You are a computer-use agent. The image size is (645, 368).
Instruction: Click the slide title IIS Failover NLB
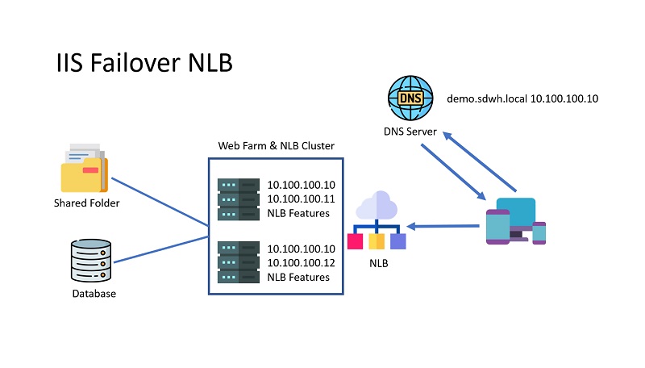[144, 63]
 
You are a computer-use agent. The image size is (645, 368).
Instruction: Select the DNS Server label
[410, 132]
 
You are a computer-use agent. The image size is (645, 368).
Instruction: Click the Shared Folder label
[86, 203]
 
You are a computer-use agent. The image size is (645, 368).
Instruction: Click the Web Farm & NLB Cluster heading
[277, 146]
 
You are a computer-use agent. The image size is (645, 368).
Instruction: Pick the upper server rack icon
[238, 199]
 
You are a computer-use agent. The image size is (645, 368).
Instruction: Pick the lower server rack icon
[238, 262]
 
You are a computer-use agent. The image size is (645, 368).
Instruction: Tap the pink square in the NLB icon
[355, 241]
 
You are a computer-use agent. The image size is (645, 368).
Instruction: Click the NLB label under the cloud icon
[377, 263]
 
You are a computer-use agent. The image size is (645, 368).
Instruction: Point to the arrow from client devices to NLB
[447, 225]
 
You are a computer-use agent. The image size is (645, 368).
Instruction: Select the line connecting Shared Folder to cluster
[159, 203]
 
